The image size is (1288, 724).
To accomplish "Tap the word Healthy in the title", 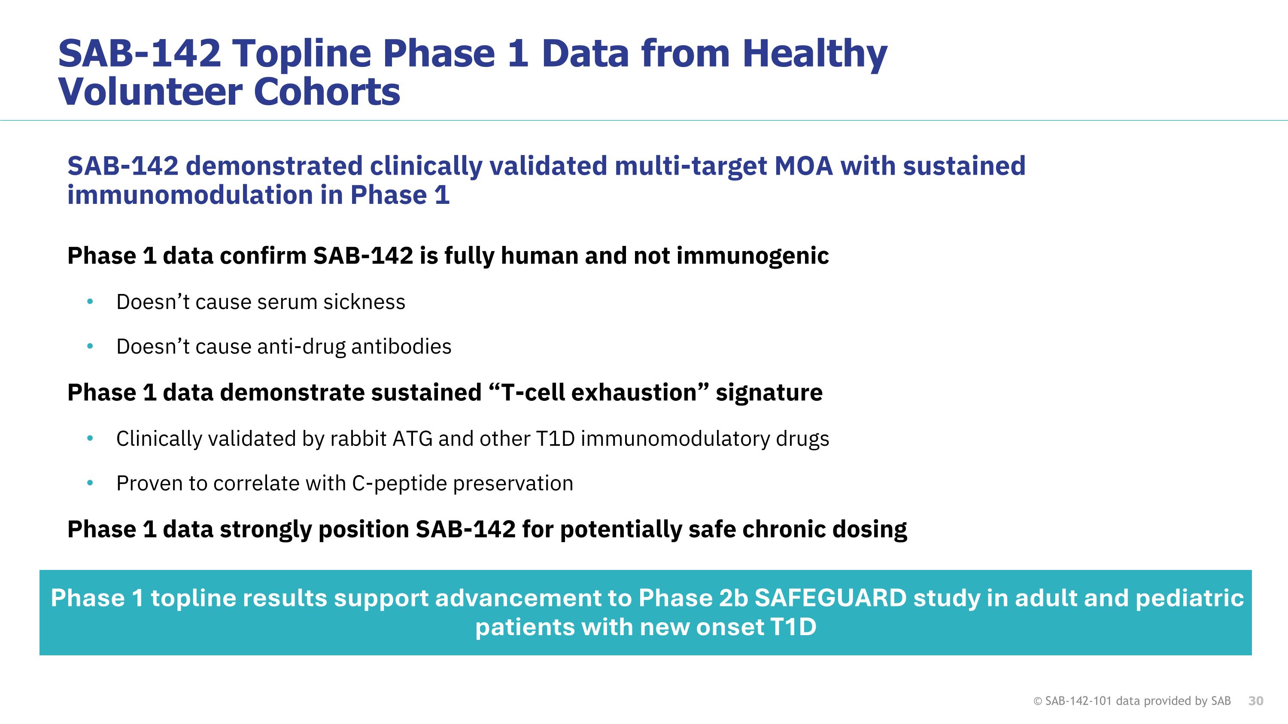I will (814, 54).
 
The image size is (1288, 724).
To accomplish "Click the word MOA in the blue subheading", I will (804, 166).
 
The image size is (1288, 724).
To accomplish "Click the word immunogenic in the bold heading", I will (753, 256).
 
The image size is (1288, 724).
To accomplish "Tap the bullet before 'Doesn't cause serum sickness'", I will (90, 302).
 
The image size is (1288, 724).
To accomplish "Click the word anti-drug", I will (301, 347).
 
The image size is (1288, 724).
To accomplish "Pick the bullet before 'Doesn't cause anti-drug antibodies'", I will (90, 346).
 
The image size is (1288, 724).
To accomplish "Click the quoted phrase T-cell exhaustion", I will (598, 393).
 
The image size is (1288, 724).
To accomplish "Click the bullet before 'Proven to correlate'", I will (90, 483).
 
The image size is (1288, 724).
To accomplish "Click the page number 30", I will (1255, 701).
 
